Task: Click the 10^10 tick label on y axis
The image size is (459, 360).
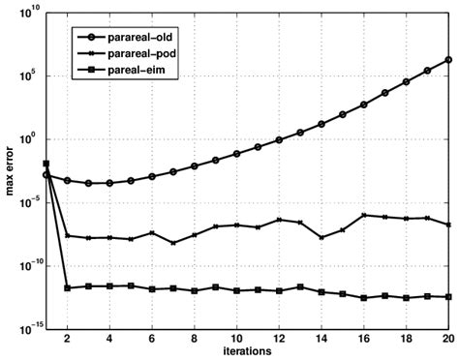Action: (24, 13)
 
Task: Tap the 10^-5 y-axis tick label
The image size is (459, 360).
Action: (25, 202)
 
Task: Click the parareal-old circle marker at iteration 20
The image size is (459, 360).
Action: (448, 59)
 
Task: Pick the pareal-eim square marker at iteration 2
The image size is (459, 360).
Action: (68, 287)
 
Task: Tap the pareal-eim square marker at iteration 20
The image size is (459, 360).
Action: (448, 297)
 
